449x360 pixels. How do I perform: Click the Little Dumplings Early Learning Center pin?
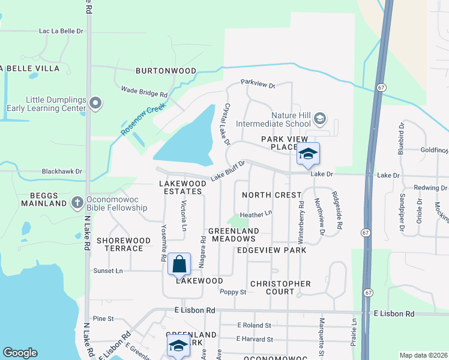click(95, 104)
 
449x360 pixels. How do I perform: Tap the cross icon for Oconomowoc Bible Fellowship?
click(77, 203)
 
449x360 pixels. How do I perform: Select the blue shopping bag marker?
click(179, 264)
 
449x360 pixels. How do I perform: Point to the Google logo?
click(20, 353)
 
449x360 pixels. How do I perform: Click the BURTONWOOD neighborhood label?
click(166, 71)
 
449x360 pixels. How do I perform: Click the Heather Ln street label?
click(256, 213)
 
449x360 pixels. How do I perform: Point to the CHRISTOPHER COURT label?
click(280, 287)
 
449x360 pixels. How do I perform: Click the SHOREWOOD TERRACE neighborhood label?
click(124, 244)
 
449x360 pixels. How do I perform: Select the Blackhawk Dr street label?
click(62, 171)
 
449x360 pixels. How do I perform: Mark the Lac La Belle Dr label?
click(61, 30)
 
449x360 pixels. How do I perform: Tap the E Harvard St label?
click(255, 339)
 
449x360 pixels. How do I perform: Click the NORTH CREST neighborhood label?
click(271, 195)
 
